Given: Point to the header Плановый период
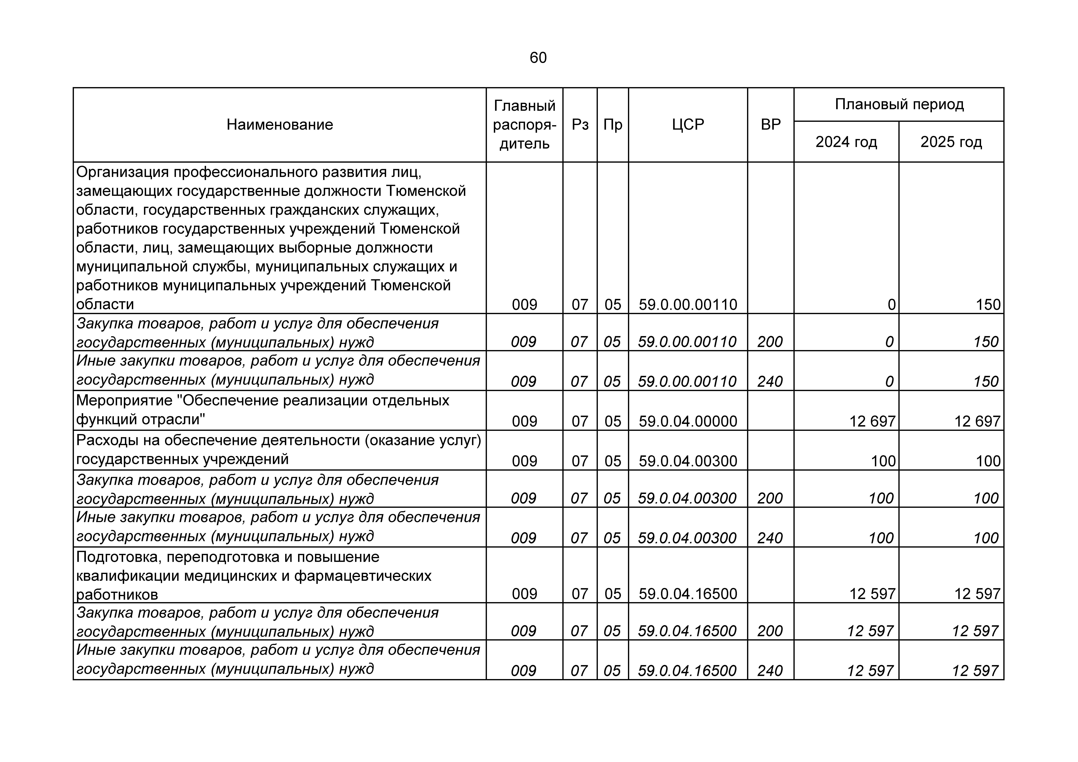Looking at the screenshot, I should click(x=899, y=104).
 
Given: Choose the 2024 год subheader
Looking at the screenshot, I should click(x=846, y=142).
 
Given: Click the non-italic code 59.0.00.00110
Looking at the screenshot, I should click(x=688, y=305).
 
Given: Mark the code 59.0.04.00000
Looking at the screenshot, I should click(x=688, y=421).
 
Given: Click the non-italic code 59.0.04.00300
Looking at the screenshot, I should click(x=688, y=461).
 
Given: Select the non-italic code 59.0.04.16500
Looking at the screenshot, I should click(x=688, y=594).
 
